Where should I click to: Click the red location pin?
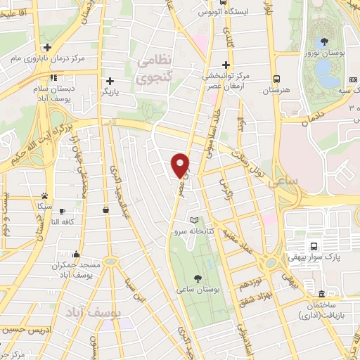181,165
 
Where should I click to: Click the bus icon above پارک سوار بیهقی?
314,247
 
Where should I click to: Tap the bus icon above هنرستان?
277,79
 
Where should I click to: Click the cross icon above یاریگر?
109,81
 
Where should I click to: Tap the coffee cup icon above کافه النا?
63,211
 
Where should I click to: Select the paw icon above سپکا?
45,195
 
